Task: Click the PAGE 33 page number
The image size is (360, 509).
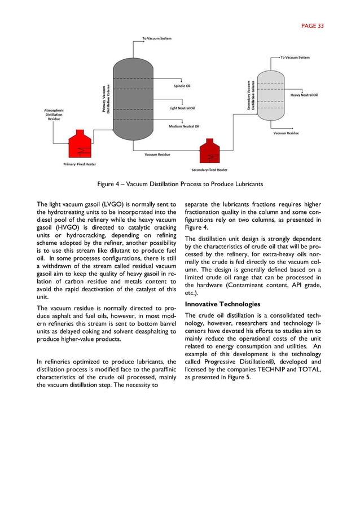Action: coord(312,25)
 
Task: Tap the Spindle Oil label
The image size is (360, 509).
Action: coord(182,86)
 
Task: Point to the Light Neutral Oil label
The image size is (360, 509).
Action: coord(182,108)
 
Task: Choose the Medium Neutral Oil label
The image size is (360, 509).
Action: coord(184,126)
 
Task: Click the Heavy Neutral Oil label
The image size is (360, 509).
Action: coord(304,95)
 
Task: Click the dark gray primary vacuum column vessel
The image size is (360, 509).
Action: coord(132,93)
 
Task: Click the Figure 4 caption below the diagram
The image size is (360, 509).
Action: coord(179,184)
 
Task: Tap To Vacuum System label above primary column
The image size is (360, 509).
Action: coord(156,38)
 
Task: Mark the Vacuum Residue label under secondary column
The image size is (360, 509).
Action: coord(286,133)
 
